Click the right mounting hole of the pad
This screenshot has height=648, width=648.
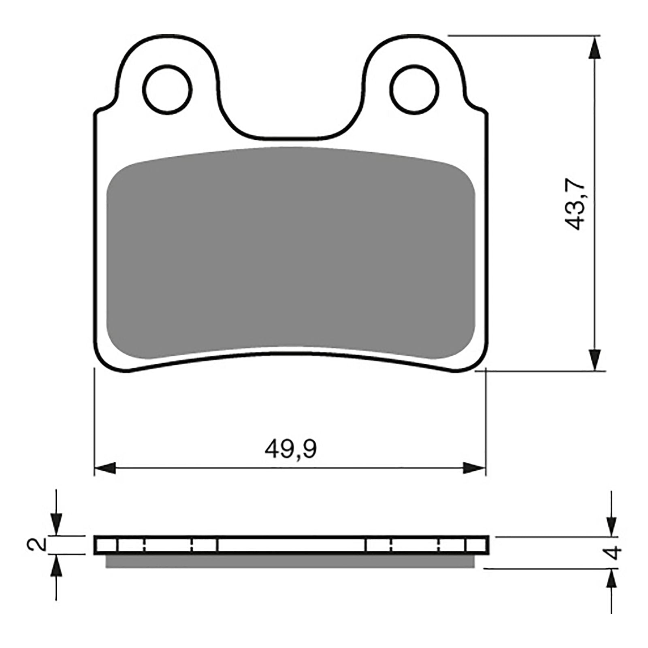(414, 88)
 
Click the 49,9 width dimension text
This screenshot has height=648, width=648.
(290, 449)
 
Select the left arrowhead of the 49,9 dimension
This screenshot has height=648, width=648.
(105, 468)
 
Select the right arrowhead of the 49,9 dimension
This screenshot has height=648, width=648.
(474, 468)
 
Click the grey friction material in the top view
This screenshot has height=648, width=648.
(290, 251)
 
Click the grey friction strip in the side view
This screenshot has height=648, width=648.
(290, 561)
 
